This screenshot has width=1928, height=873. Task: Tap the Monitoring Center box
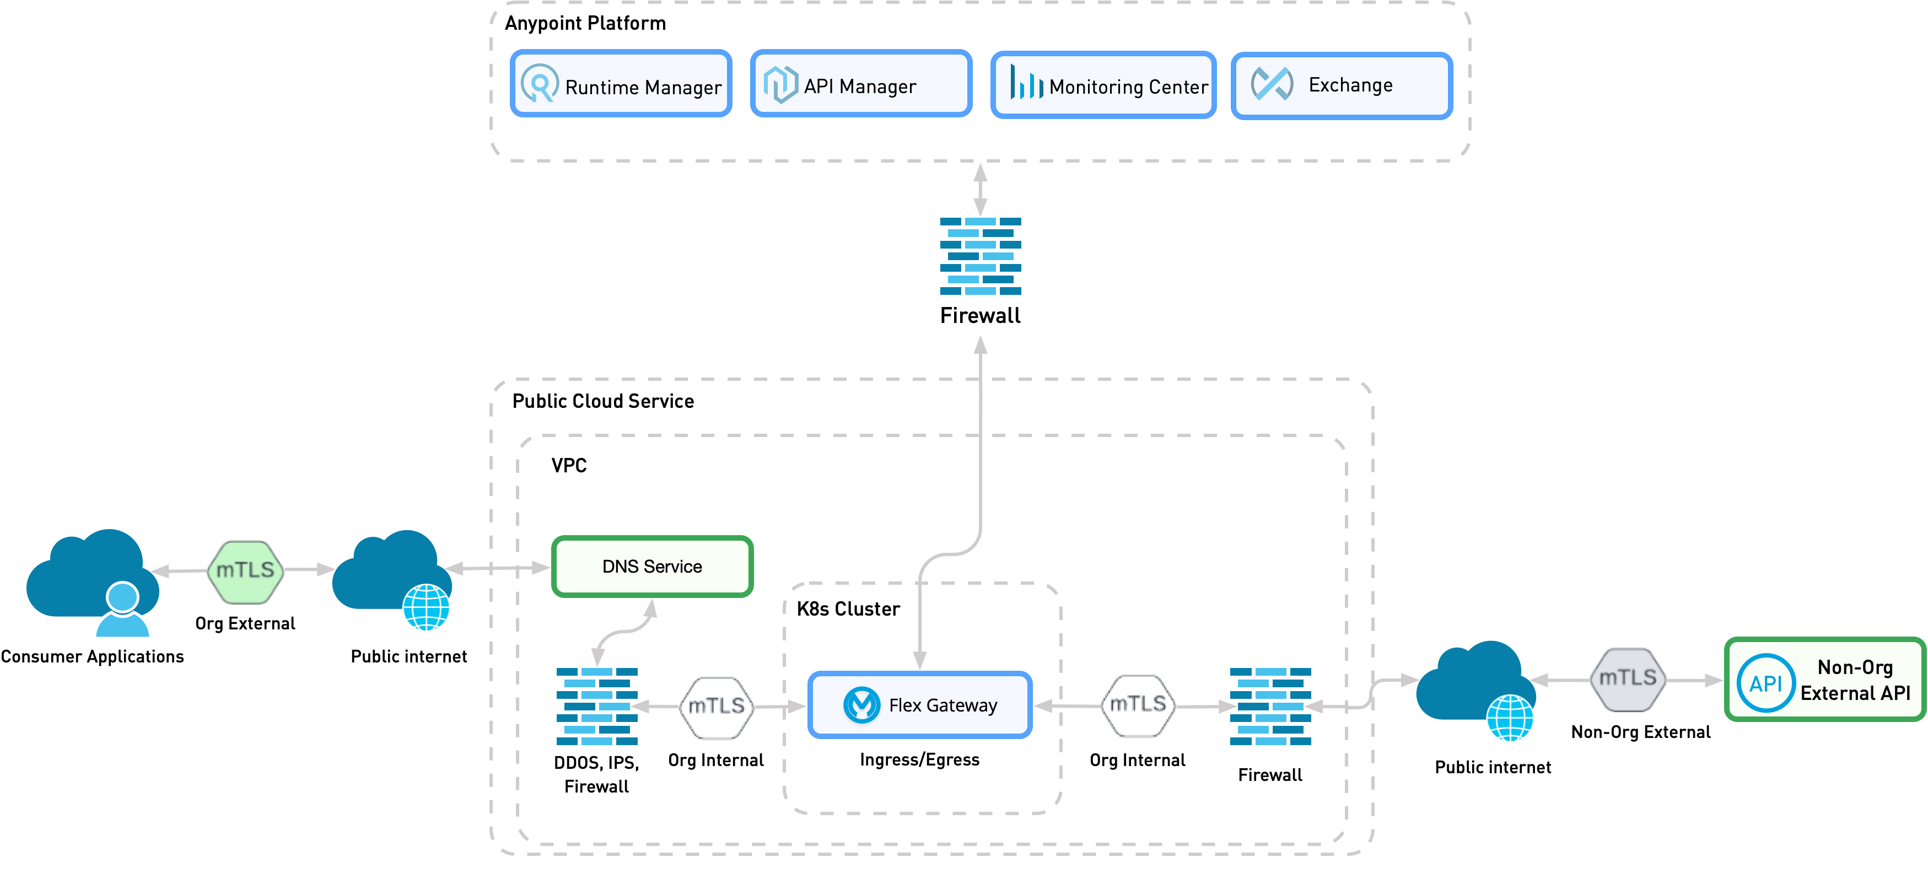1103,85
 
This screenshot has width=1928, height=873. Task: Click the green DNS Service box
652,567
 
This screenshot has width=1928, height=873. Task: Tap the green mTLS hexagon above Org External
245,570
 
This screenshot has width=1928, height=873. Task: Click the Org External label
245,623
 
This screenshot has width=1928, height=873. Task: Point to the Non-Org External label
1641,731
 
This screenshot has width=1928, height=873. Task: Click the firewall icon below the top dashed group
981,256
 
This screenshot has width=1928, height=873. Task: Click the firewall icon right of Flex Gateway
1270,706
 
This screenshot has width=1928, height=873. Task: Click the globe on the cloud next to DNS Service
427,607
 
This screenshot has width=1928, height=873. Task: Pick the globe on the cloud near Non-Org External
1510,718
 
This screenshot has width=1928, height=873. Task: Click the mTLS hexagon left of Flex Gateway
717,707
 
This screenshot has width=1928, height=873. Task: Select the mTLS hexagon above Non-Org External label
1627,678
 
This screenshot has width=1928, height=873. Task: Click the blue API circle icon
1765,683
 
